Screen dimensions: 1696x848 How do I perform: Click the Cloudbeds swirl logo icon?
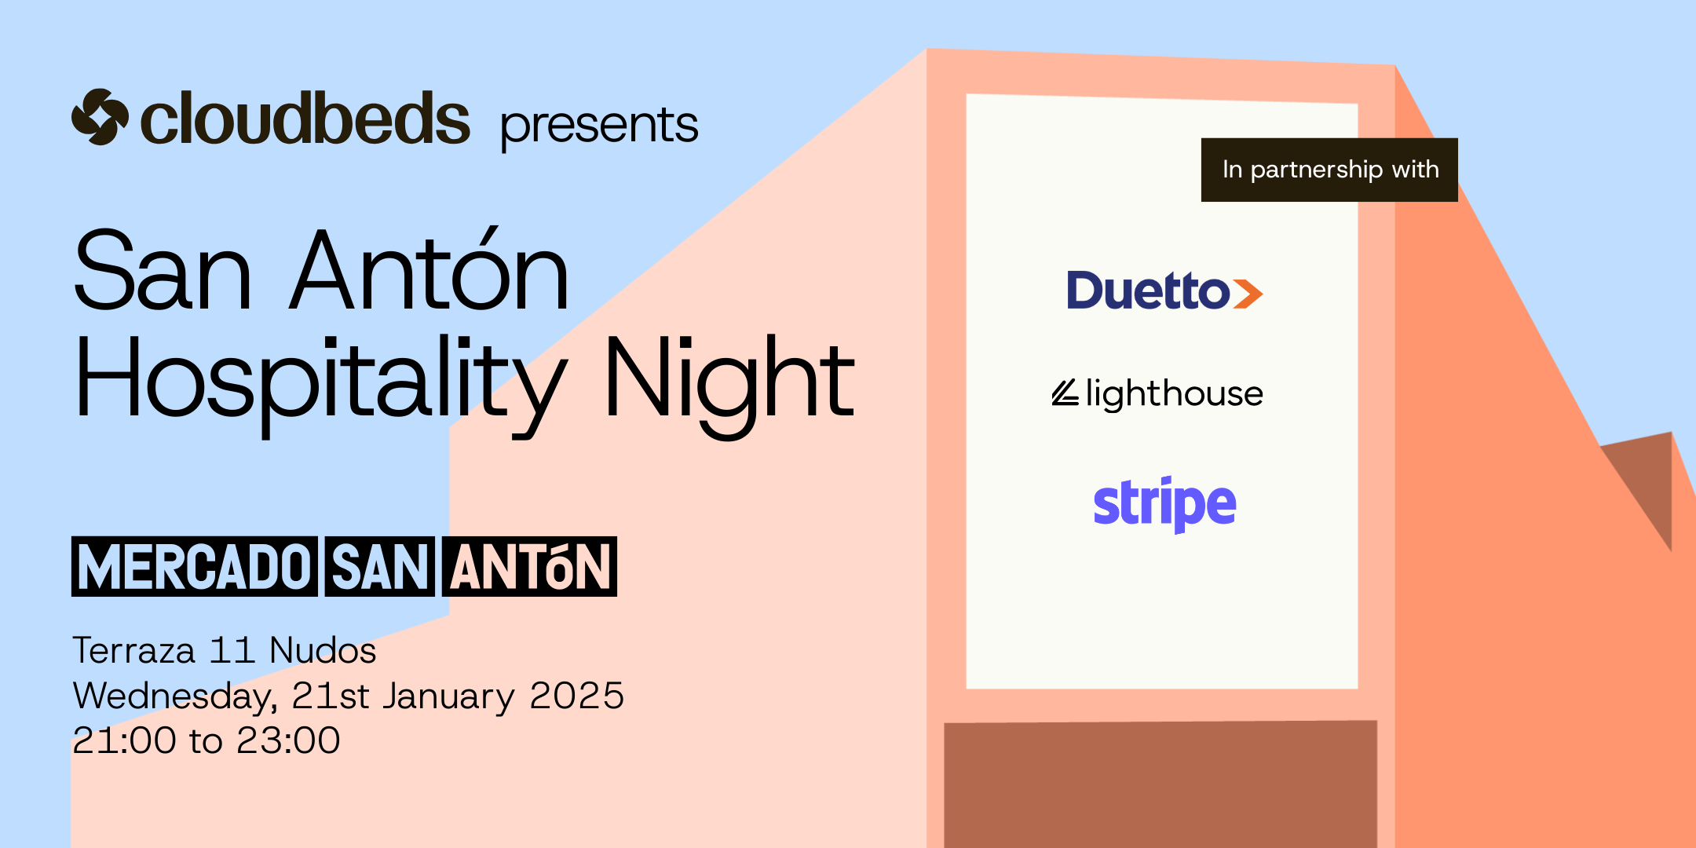coord(100,117)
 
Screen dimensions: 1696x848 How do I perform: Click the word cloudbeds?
coord(305,119)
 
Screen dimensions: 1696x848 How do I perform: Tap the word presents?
coord(599,126)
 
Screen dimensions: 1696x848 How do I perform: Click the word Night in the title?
coord(729,385)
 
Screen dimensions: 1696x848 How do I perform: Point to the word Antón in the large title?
coord(429,269)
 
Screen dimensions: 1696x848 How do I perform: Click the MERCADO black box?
coord(195,567)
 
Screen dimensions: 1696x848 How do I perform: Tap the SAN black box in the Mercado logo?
coord(380,567)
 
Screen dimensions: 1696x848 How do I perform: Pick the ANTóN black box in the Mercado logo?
coord(529,567)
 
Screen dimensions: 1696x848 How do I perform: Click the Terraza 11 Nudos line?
coord(225,650)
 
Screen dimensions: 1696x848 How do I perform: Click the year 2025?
coord(577,696)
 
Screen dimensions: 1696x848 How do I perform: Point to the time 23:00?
coord(288,740)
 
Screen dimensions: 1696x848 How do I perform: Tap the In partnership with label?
coord(1329,170)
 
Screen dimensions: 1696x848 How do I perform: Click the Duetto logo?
coord(1164,290)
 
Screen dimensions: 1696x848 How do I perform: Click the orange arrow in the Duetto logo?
coord(1248,294)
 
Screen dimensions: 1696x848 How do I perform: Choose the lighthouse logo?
coord(1157,393)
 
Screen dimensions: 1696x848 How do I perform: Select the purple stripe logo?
coord(1164,504)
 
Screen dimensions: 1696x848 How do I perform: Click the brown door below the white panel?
coord(1161,784)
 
